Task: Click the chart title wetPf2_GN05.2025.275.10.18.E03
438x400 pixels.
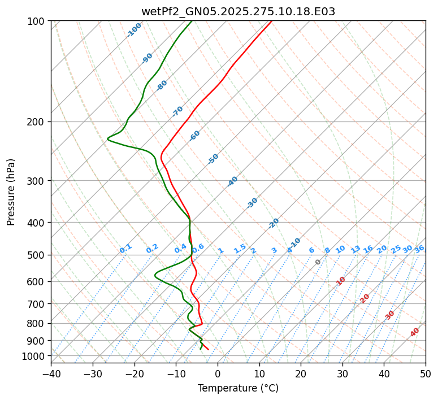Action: [x=238, y=11]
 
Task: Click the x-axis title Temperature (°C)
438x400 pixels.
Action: [x=238, y=388]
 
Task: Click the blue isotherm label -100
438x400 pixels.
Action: [x=134, y=30]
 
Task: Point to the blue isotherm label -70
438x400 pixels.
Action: [x=177, y=111]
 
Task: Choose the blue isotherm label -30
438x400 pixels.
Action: [x=252, y=202]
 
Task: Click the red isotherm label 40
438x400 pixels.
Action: [x=415, y=332]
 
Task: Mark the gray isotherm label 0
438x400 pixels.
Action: [x=318, y=262]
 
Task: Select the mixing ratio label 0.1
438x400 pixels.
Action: [x=125, y=248]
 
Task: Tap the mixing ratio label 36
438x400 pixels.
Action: [x=419, y=249]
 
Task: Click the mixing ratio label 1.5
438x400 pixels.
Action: [x=240, y=248]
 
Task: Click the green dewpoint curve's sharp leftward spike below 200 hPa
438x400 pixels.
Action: [x=108, y=138]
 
